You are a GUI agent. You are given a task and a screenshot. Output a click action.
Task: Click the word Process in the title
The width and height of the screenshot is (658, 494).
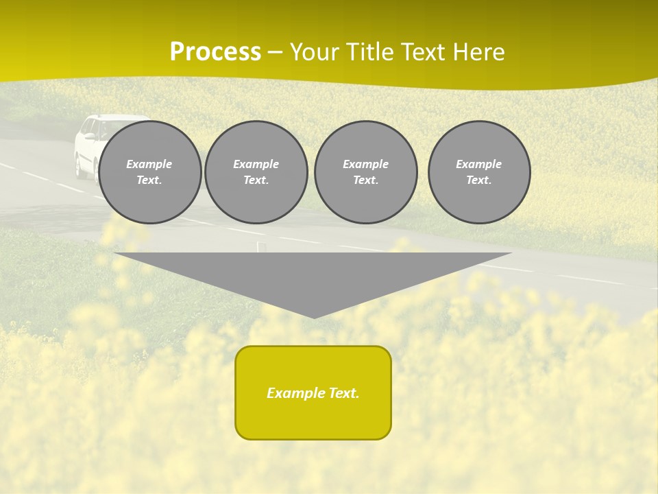[215, 52]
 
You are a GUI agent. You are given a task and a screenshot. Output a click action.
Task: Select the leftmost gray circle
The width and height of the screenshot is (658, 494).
[150, 172]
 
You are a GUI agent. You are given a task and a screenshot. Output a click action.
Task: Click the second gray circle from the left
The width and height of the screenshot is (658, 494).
[256, 172]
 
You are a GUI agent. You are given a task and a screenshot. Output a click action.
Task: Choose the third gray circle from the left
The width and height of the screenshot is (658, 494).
[366, 172]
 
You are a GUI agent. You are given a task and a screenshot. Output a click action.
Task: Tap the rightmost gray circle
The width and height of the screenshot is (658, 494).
[479, 172]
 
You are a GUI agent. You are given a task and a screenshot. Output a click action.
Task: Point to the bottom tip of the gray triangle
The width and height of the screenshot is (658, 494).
[314, 316]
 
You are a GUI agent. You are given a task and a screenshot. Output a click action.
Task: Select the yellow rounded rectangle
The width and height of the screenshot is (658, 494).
[313, 392]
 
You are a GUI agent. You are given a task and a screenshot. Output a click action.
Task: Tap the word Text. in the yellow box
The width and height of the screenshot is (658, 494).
[344, 393]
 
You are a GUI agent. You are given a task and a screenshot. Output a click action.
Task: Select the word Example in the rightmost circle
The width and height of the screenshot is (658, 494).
[479, 164]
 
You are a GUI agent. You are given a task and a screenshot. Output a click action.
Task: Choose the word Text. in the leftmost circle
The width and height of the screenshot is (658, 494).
[149, 180]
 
